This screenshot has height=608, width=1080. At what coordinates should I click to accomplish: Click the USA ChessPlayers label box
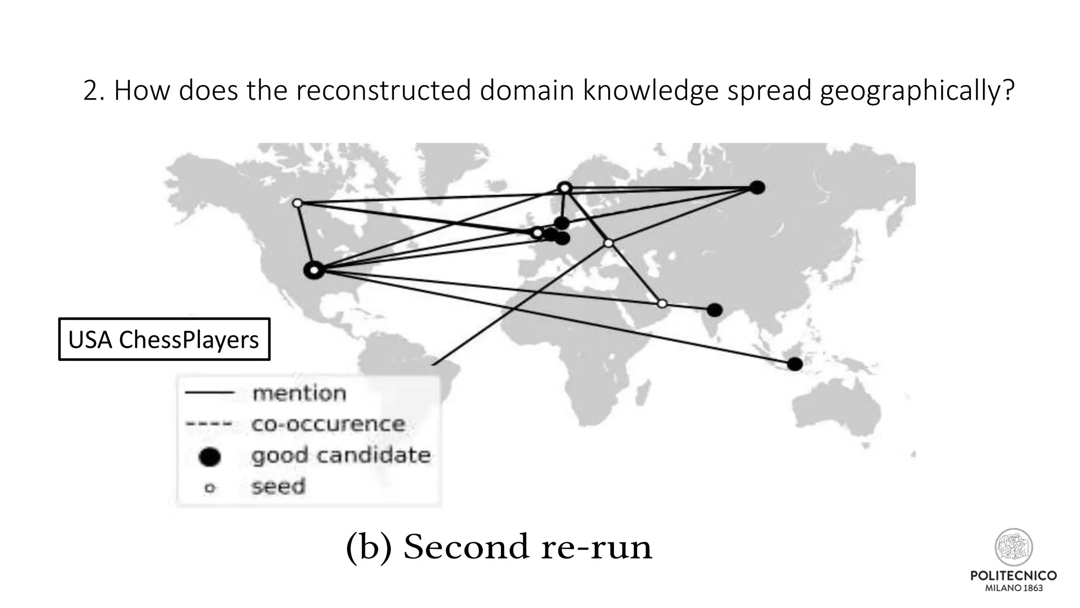pyautogui.click(x=163, y=339)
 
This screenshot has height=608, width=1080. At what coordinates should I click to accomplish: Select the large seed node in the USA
pyautogui.click(x=314, y=270)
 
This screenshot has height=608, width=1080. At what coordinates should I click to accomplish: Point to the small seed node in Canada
pyautogui.click(x=297, y=203)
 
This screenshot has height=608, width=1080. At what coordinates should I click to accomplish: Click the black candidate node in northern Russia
pyautogui.click(x=757, y=187)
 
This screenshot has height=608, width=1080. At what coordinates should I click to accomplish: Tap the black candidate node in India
pyautogui.click(x=715, y=310)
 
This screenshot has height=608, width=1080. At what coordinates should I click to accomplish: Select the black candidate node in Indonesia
pyautogui.click(x=795, y=364)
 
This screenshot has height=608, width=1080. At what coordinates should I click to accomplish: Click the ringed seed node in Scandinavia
pyautogui.click(x=564, y=188)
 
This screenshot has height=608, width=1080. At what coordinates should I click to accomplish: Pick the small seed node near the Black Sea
pyautogui.click(x=609, y=243)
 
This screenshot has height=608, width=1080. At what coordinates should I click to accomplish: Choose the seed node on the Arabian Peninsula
pyautogui.click(x=662, y=303)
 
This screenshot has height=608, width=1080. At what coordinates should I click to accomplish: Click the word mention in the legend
pyautogui.click(x=299, y=393)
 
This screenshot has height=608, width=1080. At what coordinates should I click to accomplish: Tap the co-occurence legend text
pyautogui.click(x=328, y=424)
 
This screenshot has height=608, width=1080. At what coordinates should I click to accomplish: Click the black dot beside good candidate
pyautogui.click(x=210, y=457)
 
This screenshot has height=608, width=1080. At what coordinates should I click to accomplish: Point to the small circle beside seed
pyautogui.click(x=210, y=488)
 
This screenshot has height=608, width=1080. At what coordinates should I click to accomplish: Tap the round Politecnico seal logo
pyautogui.click(x=1013, y=547)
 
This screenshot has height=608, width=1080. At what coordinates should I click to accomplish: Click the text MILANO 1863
pyautogui.click(x=1014, y=588)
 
